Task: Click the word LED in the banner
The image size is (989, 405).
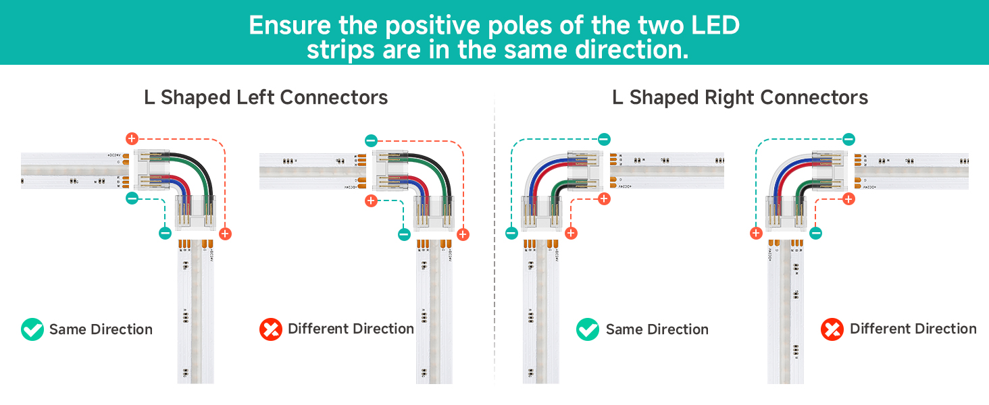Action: coord(713,25)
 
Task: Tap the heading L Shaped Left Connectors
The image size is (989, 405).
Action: coord(266,97)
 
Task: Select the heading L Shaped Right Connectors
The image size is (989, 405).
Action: coord(740,97)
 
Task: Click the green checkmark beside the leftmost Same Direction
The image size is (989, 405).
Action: coord(32,329)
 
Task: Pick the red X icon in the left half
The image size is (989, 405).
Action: coord(270,329)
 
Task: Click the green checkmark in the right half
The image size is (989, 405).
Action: coord(587,329)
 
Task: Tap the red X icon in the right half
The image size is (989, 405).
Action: coord(832,329)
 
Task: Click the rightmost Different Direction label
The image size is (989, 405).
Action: coord(913,329)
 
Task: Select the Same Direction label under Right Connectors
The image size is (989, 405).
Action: coord(657,329)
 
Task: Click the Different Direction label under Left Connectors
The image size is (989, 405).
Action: coord(351,329)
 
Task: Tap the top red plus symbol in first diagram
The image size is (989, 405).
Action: coord(132,139)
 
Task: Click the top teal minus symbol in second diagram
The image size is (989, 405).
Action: coord(371,140)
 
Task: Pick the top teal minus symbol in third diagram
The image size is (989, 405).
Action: coord(604,139)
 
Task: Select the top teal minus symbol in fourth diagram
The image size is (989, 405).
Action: coord(848,140)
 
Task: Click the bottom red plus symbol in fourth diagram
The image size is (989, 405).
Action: coord(756,234)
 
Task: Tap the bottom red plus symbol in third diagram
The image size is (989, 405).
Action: coord(571,234)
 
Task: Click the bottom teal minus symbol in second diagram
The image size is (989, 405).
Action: coord(404,234)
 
